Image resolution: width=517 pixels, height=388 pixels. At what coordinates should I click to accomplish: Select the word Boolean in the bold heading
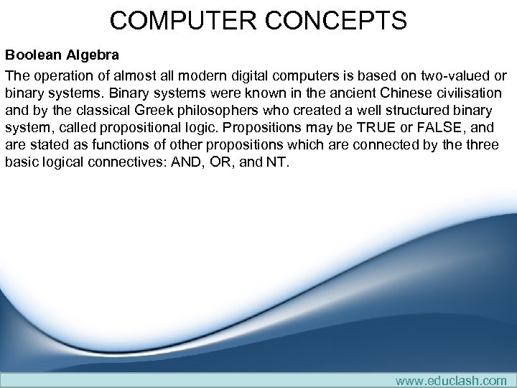(33, 55)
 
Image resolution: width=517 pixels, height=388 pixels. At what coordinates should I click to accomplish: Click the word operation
(60, 76)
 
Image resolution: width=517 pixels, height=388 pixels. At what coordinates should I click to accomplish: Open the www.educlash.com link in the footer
(451, 380)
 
